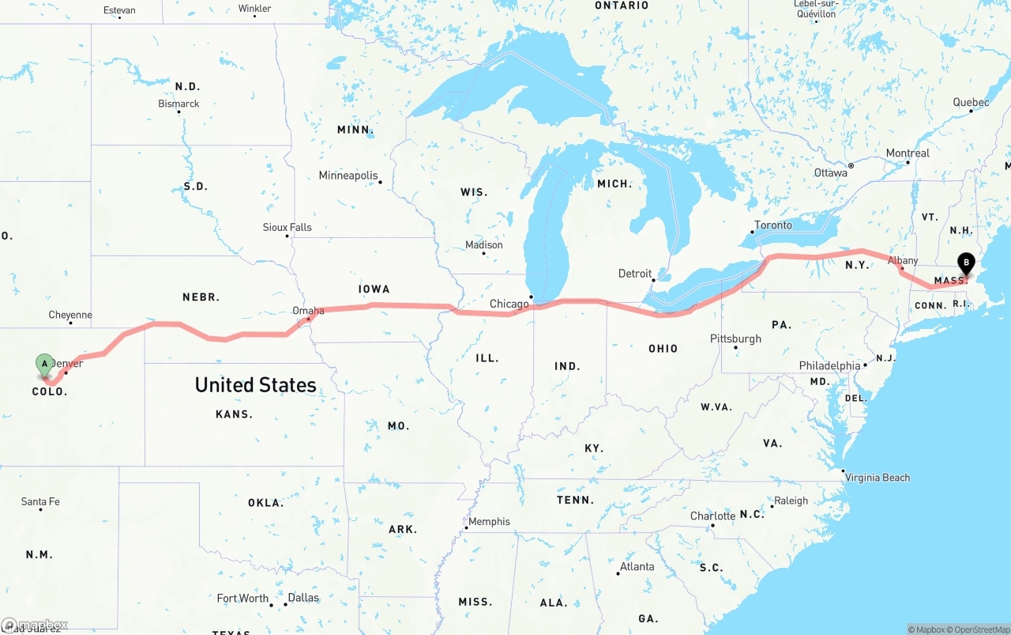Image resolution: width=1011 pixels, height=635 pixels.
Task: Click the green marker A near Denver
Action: pyautogui.click(x=45, y=365)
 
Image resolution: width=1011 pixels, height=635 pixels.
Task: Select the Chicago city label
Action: pyautogui.click(x=509, y=304)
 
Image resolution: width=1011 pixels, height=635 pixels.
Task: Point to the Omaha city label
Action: pyautogui.click(x=308, y=311)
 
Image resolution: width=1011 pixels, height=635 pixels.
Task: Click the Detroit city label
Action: pyautogui.click(x=635, y=274)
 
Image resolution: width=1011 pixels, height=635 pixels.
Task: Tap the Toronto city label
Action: pyautogui.click(x=772, y=225)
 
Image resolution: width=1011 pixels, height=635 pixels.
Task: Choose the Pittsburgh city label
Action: pyautogui.click(x=735, y=338)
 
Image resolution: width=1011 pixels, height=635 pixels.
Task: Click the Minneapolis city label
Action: pyautogui.click(x=348, y=176)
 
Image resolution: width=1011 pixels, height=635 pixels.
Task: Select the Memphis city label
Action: pyautogui.click(x=489, y=522)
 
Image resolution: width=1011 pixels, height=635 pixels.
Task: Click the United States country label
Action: pyautogui.click(x=255, y=385)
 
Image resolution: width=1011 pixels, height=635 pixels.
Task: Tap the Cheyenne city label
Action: pyautogui.click(x=70, y=315)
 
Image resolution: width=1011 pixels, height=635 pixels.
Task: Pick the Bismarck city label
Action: pyautogui.click(x=179, y=104)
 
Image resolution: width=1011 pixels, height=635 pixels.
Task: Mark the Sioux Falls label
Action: pyautogui.click(x=287, y=227)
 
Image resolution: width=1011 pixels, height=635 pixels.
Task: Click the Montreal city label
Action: pyautogui.click(x=908, y=153)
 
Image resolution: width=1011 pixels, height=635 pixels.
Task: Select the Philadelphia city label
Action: pyautogui.click(x=829, y=366)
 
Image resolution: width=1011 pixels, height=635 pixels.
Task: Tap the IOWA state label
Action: pyautogui.click(x=374, y=289)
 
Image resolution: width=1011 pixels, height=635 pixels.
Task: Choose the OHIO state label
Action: pyautogui.click(x=663, y=349)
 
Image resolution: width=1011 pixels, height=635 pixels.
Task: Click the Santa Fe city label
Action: pyautogui.click(x=40, y=501)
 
